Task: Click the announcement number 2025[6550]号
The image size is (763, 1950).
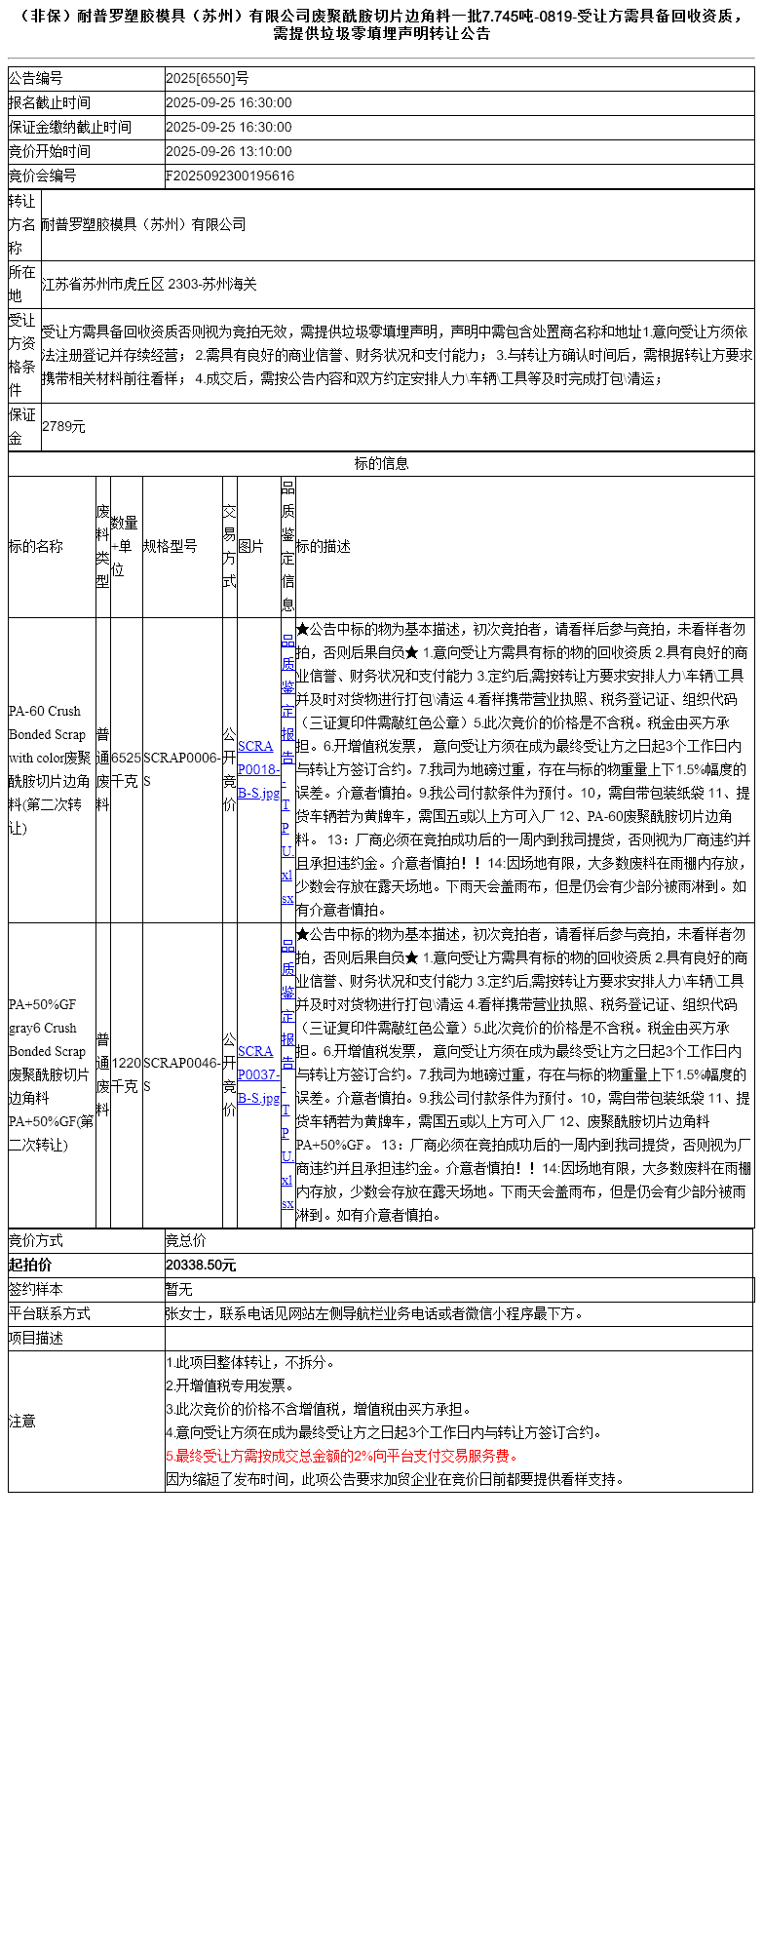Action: click(207, 79)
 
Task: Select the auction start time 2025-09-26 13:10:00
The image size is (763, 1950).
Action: click(229, 152)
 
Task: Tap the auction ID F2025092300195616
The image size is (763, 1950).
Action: click(230, 176)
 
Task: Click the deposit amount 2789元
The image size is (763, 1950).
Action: click(63, 427)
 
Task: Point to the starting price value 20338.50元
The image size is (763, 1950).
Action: click(201, 1266)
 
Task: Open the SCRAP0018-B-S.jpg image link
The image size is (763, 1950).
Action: click(258, 769)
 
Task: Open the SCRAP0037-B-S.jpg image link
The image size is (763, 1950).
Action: click(258, 1074)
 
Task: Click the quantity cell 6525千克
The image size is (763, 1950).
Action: click(126, 769)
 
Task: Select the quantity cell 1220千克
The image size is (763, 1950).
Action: click(126, 1074)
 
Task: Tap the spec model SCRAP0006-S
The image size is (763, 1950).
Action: click(182, 769)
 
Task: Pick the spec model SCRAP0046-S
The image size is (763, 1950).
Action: click(182, 1074)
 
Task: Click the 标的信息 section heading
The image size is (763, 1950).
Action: click(381, 464)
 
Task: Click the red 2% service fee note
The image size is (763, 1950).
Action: click(342, 1456)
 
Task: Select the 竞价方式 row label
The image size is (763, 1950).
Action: click(36, 1241)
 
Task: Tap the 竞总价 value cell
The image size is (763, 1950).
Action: click(186, 1241)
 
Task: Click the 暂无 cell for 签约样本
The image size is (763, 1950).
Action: click(179, 1290)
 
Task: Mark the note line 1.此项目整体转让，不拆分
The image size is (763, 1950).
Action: click(250, 1362)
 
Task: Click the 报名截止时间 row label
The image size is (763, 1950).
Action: click(50, 103)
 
